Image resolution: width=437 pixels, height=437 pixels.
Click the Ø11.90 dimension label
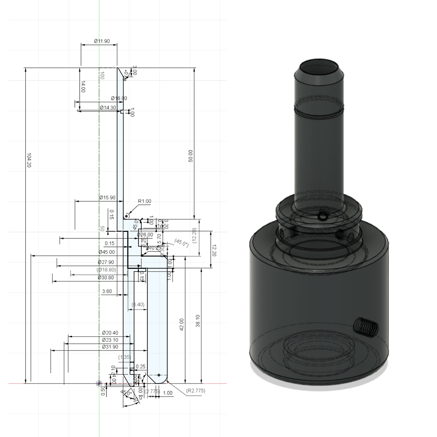[102, 41]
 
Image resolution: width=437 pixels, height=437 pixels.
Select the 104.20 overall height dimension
[29, 160]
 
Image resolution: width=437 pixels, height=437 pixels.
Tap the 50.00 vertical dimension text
[191, 156]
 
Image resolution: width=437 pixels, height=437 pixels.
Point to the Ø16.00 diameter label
[119, 98]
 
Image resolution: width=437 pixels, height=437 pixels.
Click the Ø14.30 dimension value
[108, 108]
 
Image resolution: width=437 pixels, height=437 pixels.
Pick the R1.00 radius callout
[144, 201]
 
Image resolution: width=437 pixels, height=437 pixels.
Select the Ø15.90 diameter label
[107, 198]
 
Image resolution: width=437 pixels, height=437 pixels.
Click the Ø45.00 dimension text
[106, 252]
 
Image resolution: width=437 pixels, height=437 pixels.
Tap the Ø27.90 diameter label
[106, 262]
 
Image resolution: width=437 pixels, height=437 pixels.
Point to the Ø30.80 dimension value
[106, 278]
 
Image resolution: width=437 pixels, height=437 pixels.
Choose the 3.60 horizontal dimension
[107, 291]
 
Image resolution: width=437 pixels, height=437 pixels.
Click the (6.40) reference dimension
[138, 304]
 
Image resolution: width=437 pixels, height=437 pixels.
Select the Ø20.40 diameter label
[110, 333]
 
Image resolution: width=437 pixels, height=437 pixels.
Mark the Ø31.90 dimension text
[110, 347]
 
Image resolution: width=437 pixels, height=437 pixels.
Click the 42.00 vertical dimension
[182, 325]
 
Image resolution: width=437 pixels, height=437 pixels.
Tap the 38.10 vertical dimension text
[198, 321]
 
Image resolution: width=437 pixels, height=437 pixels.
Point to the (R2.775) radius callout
[195, 391]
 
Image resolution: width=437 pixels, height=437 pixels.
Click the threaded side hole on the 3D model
[366, 326]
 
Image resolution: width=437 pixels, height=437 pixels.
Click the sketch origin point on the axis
[99, 383]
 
